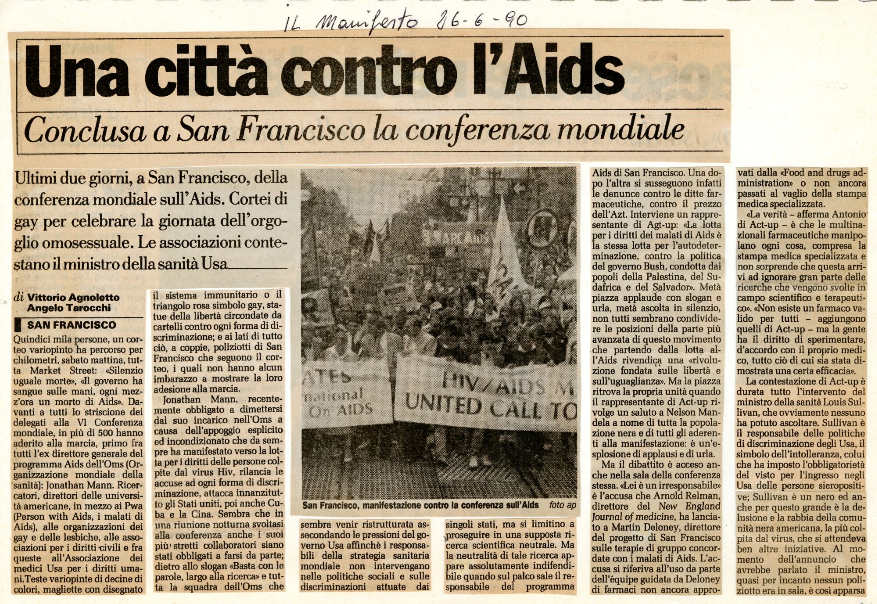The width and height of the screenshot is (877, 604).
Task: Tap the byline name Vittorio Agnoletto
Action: coord(73,298)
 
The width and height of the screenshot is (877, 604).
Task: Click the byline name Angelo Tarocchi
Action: coord(69,308)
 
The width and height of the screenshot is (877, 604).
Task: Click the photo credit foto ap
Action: coord(562,505)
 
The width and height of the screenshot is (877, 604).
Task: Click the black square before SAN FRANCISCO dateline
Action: coord(18,325)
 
